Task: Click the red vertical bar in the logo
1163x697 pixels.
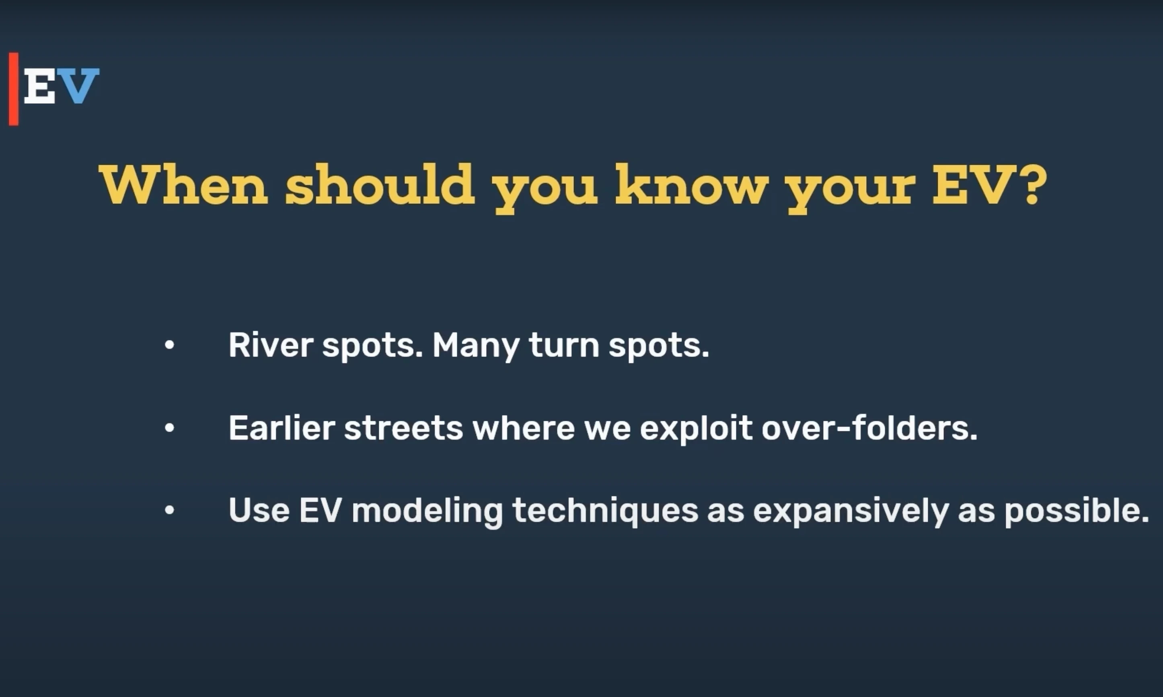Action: (14, 89)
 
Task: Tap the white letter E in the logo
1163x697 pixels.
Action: (40, 86)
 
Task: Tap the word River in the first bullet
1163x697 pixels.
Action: (271, 345)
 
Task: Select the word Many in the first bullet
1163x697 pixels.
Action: (476, 346)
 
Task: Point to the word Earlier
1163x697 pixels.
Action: (282, 428)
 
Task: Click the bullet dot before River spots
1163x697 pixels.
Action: (170, 345)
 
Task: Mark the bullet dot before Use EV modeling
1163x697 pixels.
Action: (170, 510)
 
